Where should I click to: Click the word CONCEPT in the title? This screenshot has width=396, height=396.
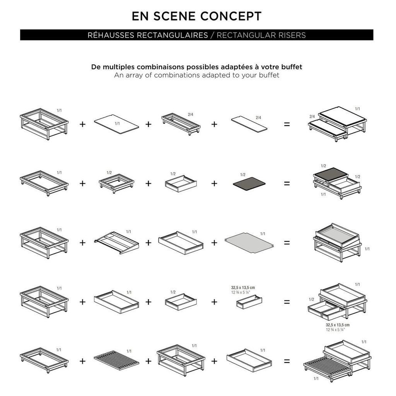pyautogui.click(x=231, y=16)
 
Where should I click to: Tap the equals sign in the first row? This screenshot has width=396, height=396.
pyautogui.click(x=287, y=124)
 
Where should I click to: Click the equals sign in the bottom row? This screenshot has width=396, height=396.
pyautogui.click(x=287, y=362)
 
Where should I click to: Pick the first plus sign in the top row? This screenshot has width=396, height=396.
pyautogui.click(x=83, y=124)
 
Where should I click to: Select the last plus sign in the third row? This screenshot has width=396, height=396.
pyautogui.click(x=214, y=243)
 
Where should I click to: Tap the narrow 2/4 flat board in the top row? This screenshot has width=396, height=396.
pyautogui.click(x=249, y=123)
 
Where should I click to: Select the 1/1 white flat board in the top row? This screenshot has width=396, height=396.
pyautogui.click(x=116, y=124)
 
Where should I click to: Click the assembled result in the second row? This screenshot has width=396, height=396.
pyautogui.click(x=337, y=183)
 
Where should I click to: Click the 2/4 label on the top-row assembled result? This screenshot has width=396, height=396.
pyautogui.click(x=312, y=116)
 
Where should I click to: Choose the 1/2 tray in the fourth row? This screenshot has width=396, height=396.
pyautogui.click(x=181, y=302)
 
